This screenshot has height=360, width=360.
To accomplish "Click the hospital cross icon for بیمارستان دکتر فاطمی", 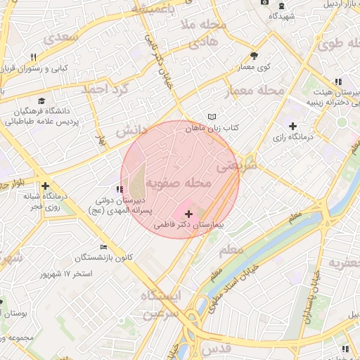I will pyautogui.click(x=188, y=213).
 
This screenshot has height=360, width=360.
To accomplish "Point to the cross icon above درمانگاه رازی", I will pyautogui.click(x=292, y=126).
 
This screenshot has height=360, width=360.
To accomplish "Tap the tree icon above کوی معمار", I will pyautogui.click(x=254, y=56).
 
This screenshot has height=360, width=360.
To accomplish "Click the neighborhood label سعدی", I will pyautogui.click(x=60, y=38).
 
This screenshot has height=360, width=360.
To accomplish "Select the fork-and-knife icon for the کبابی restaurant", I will pyautogui.click(x=32, y=58).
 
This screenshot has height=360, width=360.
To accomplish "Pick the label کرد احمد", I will pyautogui.click(x=105, y=89).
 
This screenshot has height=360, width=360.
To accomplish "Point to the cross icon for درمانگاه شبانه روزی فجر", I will pyautogui.click(x=46, y=186).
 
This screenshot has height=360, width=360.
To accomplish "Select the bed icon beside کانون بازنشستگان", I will pyautogui.click(x=103, y=247).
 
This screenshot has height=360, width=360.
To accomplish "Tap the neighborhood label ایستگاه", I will pyautogui.click(x=160, y=295).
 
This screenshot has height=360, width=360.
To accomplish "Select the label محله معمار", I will pyautogui.click(x=254, y=91).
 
